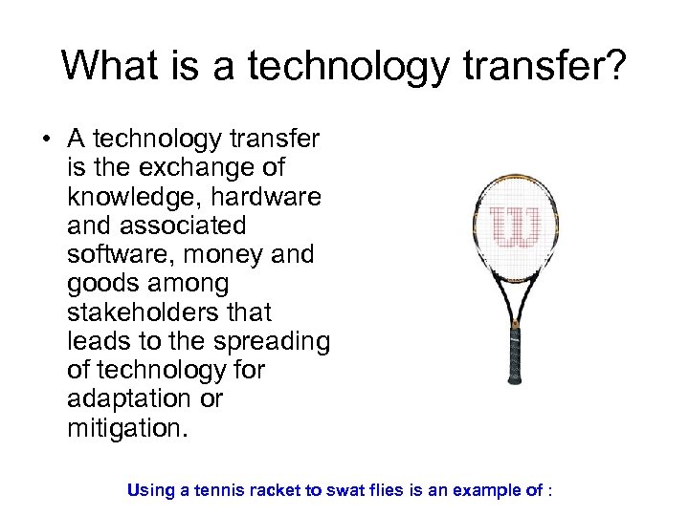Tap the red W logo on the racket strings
516,225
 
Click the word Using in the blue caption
150,491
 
